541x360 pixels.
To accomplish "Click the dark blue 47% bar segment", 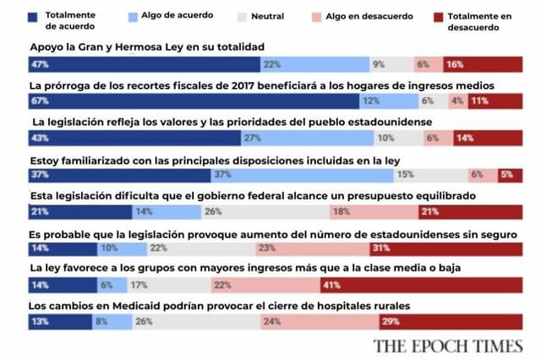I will pyautogui.click(x=144, y=64).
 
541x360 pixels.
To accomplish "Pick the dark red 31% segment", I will pyautogui.click(x=444, y=248).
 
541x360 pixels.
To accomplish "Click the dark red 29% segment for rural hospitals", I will pyautogui.click(x=449, y=322).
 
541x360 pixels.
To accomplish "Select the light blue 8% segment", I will pyautogui.click(x=112, y=322).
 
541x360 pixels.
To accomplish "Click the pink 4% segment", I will pyautogui.click(x=457, y=101).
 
